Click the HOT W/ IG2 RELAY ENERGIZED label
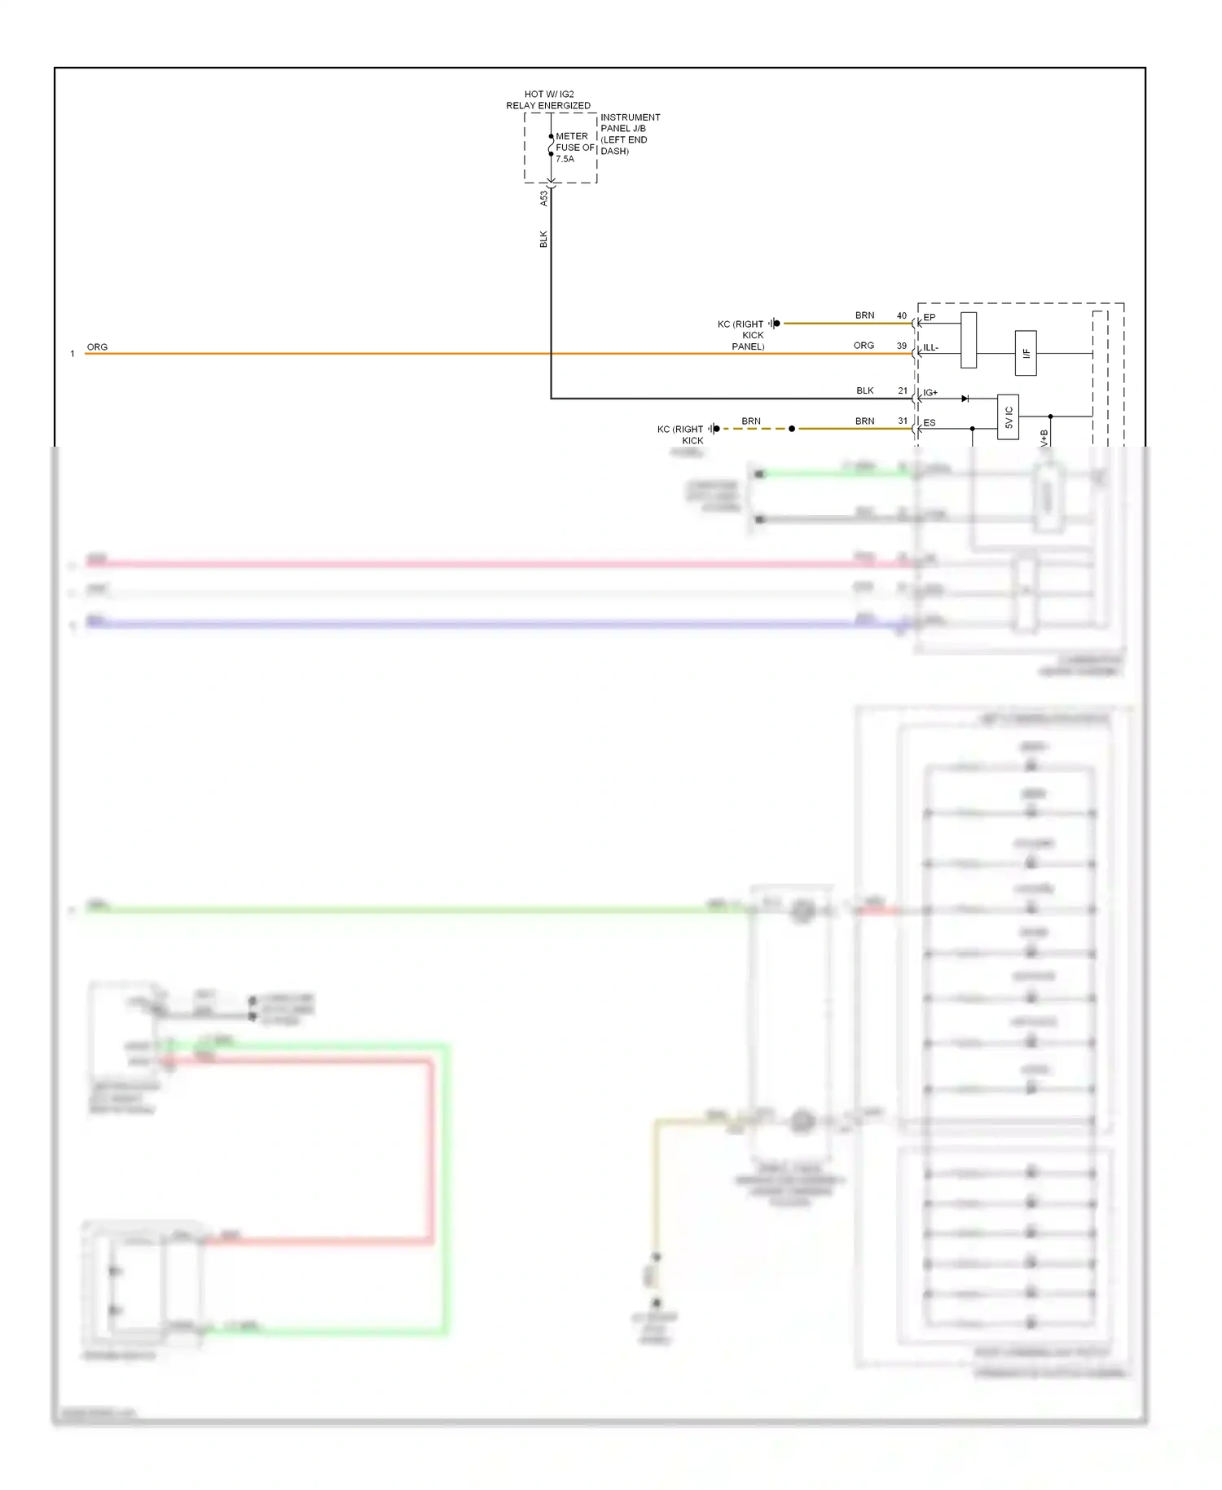(548, 99)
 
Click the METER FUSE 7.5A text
(574, 148)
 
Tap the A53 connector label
(543, 198)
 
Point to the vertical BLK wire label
(543, 239)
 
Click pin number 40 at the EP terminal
(901, 315)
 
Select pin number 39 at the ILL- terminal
(901, 346)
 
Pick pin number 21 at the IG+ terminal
(902, 390)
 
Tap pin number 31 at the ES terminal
(902, 421)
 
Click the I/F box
(1026, 353)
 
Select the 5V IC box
(1008, 417)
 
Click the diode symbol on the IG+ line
(965, 399)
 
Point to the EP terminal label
(930, 317)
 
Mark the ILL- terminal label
(930, 348)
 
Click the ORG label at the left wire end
(97, 346)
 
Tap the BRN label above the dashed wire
(750, 421)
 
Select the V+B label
(1044, 439)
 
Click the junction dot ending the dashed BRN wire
(791, 429)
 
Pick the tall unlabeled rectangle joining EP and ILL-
(969, 340)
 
